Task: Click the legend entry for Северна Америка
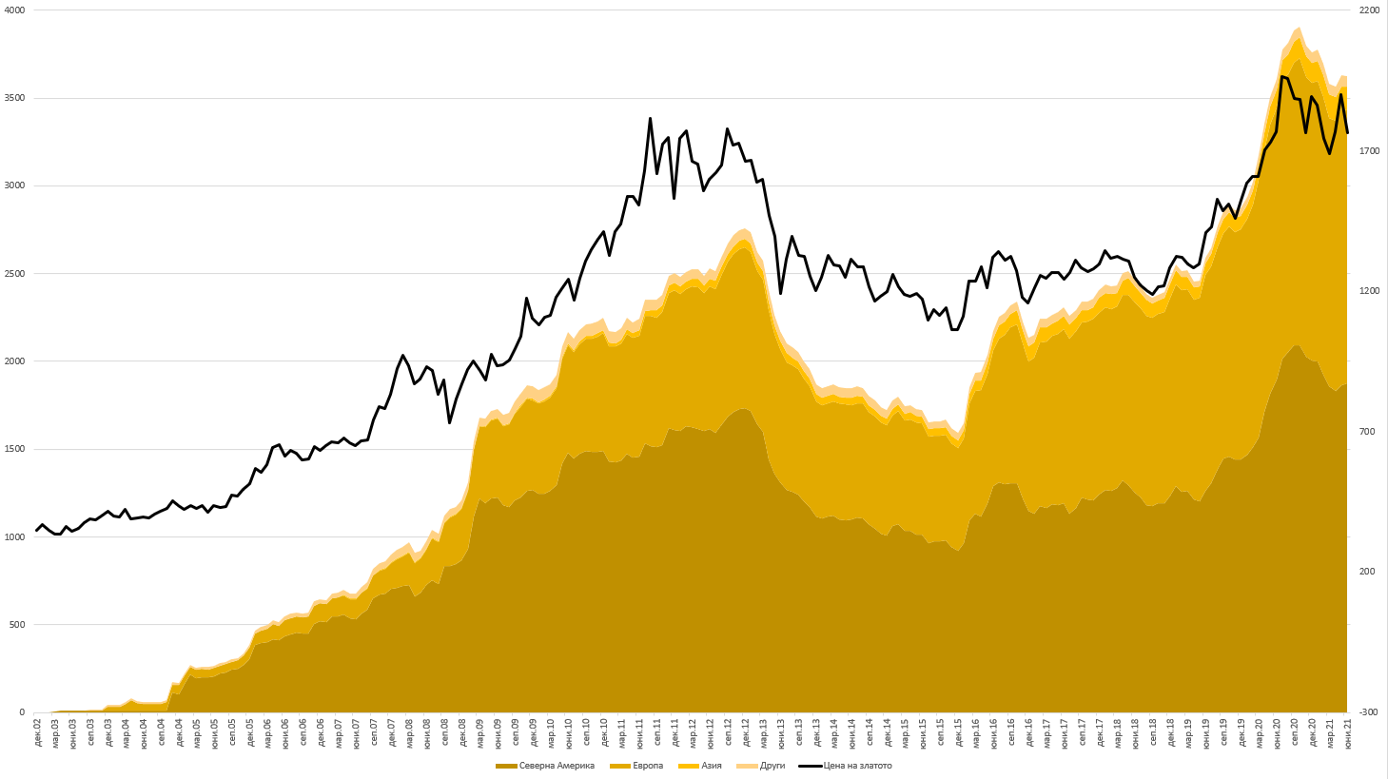(552, 766)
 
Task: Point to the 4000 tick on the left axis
(15, 10)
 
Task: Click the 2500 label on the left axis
(15, 274)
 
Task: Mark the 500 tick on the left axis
(18, 625)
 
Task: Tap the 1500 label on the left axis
(15, 450)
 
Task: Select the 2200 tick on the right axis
(1369, 10)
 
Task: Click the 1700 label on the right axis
(1369, 151)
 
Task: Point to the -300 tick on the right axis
(1369, 712)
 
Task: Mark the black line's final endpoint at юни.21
(1347, 132)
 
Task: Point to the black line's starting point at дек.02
(36, 531)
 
